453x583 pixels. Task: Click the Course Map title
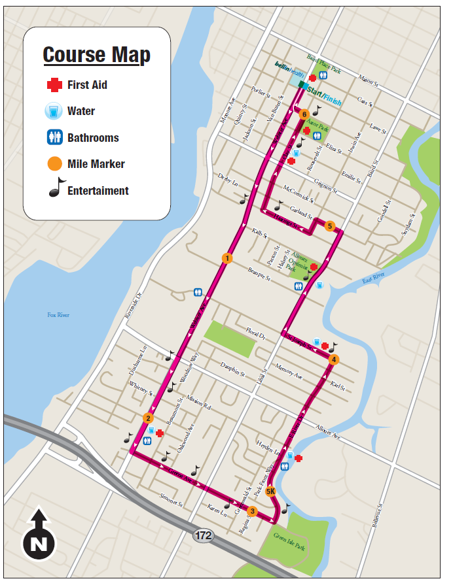coord(96,55)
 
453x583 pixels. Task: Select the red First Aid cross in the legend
coord(53,85)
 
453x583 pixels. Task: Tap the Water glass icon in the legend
coord(53,111)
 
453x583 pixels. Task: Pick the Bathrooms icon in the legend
coord(53,138)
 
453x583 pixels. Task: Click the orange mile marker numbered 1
coord(226,258)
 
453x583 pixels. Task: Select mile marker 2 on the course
coord(149,418)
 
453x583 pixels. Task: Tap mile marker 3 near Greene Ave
coord(253,511)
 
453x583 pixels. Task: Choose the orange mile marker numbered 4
coord(334,359)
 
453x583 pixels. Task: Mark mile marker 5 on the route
coord(330,226)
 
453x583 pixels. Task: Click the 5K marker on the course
coord(271,491)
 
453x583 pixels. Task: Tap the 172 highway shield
coord(203,536)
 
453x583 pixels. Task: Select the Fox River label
coord(58,315)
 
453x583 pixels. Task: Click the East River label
coord(374,280)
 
